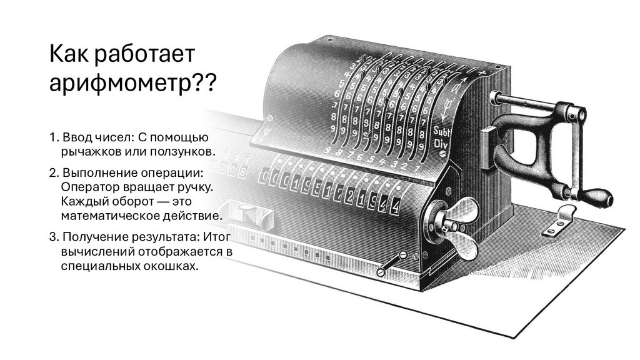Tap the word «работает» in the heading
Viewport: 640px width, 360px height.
point(144,54)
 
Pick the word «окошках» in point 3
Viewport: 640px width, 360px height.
point(170,266)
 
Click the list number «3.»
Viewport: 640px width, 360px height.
point(54,237)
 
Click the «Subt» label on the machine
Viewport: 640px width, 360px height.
point(441,131)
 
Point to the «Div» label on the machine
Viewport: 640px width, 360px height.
point(441,144)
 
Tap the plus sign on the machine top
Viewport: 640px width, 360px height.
point(483,73)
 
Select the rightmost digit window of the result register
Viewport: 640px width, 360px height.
point(395,206)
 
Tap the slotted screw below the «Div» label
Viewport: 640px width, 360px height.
point(444,154)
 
